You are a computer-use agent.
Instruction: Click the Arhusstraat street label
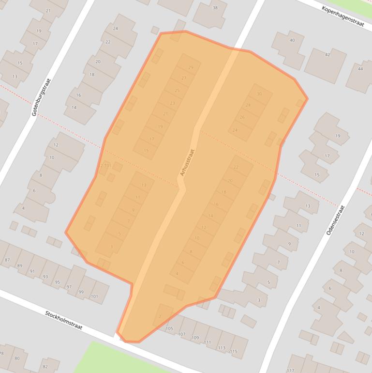[x=187, y=162]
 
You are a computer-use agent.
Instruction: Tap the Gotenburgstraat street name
[x=41, y=97]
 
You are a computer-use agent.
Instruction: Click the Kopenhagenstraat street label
[x=342, y=16]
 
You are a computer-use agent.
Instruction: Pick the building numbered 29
[x=191, y=68]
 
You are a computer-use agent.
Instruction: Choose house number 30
[x=259, y=94]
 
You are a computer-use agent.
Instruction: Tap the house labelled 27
[x=184, y=78]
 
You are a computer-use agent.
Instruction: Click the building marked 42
[x=327, y=55]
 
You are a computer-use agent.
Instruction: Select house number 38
[x=215, y=8]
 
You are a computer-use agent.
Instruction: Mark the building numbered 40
[x=292, y=40]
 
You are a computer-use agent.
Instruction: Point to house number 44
[x=360, y=69]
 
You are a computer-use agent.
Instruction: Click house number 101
[x=94, y=296]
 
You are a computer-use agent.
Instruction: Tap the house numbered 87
[x=7, y=260]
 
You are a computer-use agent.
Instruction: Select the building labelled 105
[x=169, y=328]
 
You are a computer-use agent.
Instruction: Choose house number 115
[x=234, y=351]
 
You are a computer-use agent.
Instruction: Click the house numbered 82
[x=45, y=367]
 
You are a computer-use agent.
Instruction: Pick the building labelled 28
[x=248, y=105]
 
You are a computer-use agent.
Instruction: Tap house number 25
[x=177, y=91]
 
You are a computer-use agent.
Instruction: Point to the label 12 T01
[x=104, y=166]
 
